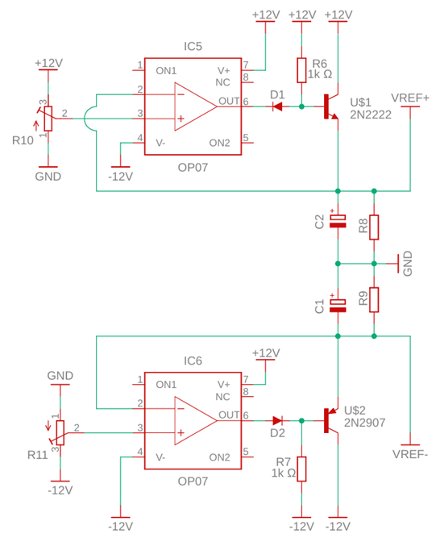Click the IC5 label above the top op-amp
193,47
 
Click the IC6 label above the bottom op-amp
193,361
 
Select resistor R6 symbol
301,70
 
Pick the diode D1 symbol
277,106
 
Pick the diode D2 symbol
277,420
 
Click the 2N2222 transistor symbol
331,106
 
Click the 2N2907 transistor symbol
331,420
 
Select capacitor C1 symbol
338,304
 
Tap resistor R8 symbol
374,227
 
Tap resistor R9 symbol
374,299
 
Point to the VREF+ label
410,98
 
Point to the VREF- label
410,453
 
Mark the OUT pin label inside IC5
230,101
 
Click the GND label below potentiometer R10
48,175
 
